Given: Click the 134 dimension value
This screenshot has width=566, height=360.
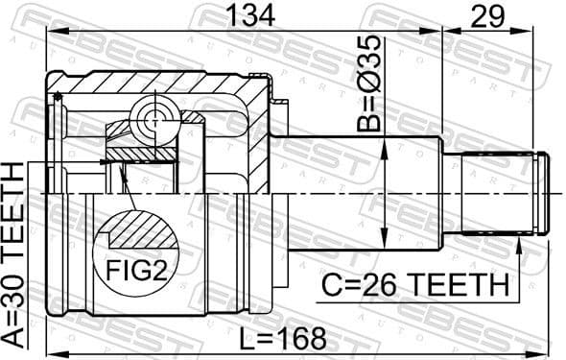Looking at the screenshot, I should [x=250, y=15].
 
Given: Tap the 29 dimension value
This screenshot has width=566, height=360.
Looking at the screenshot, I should [x=487, y=15].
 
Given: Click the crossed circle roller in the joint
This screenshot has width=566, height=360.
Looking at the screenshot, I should [x=154, y=120].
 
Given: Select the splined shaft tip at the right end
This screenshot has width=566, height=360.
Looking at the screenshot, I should [x=505, y=193].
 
